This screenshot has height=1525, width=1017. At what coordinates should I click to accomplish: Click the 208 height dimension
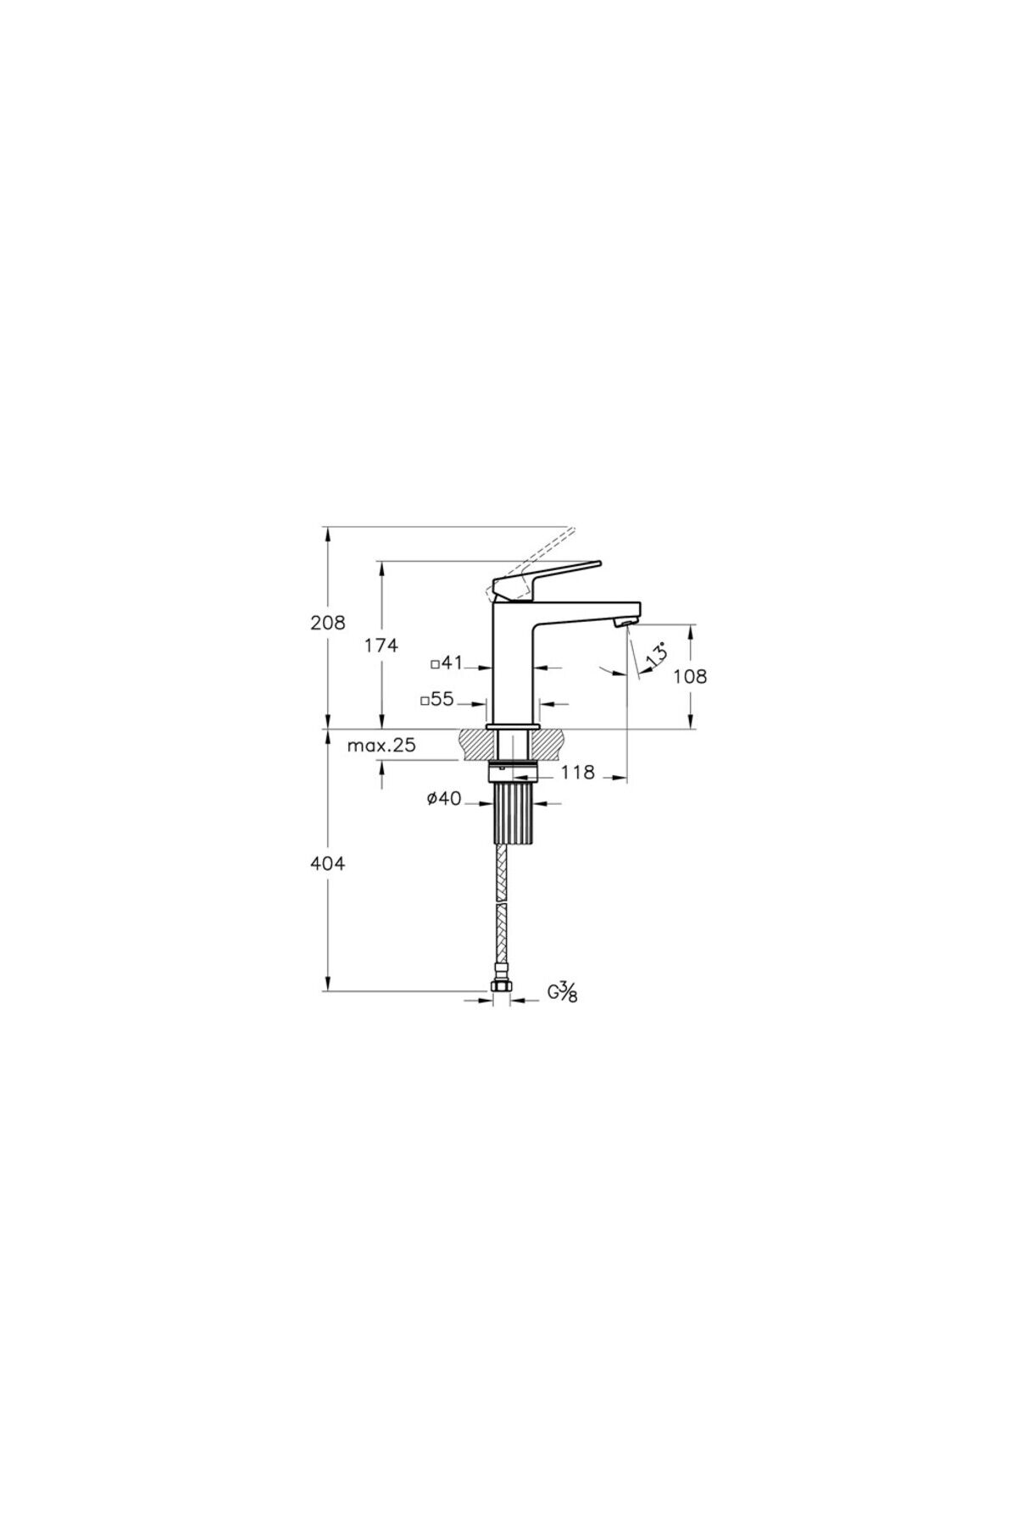[329, 623]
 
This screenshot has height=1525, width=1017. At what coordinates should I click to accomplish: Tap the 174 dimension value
[381, 646]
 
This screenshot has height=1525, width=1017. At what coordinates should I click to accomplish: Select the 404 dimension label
[329, 864]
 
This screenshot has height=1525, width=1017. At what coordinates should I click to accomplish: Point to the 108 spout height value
[691, 676]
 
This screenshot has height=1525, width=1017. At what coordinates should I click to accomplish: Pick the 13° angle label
[657, 656]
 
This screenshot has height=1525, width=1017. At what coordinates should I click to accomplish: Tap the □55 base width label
[438, 700]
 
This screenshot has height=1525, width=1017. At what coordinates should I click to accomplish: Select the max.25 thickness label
[381, 746]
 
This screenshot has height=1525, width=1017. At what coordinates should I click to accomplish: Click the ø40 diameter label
[444, 798]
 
